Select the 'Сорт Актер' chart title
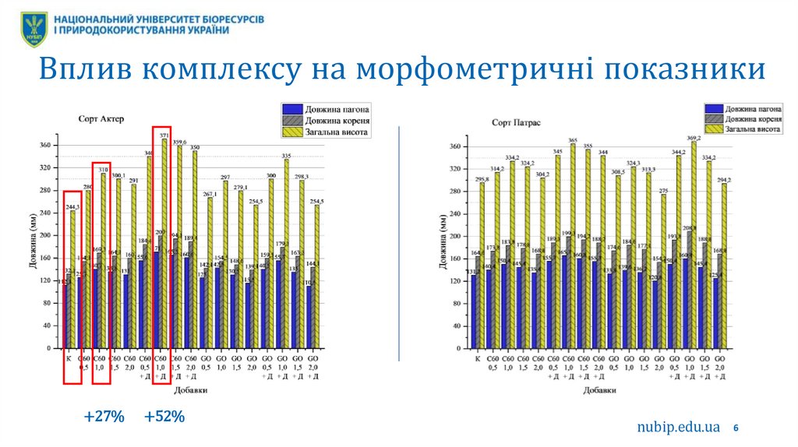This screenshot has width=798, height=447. (x=101, y=119)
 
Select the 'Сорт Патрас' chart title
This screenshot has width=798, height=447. (x=511, y=123)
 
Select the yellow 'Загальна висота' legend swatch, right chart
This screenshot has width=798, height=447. (x=713, y=131)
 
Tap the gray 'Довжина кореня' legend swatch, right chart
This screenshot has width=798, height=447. (x=713, y=119)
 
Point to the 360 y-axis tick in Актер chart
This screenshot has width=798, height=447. (x=44, y=146)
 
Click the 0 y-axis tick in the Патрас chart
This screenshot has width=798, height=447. (x=456, y=348)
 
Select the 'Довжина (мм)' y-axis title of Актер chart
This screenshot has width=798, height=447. (x=33, y=247)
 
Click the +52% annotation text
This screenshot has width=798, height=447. (x=164, y=417)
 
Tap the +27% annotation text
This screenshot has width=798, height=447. (x=104, y=417)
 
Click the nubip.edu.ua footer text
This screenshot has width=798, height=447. (x=677, y=427)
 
